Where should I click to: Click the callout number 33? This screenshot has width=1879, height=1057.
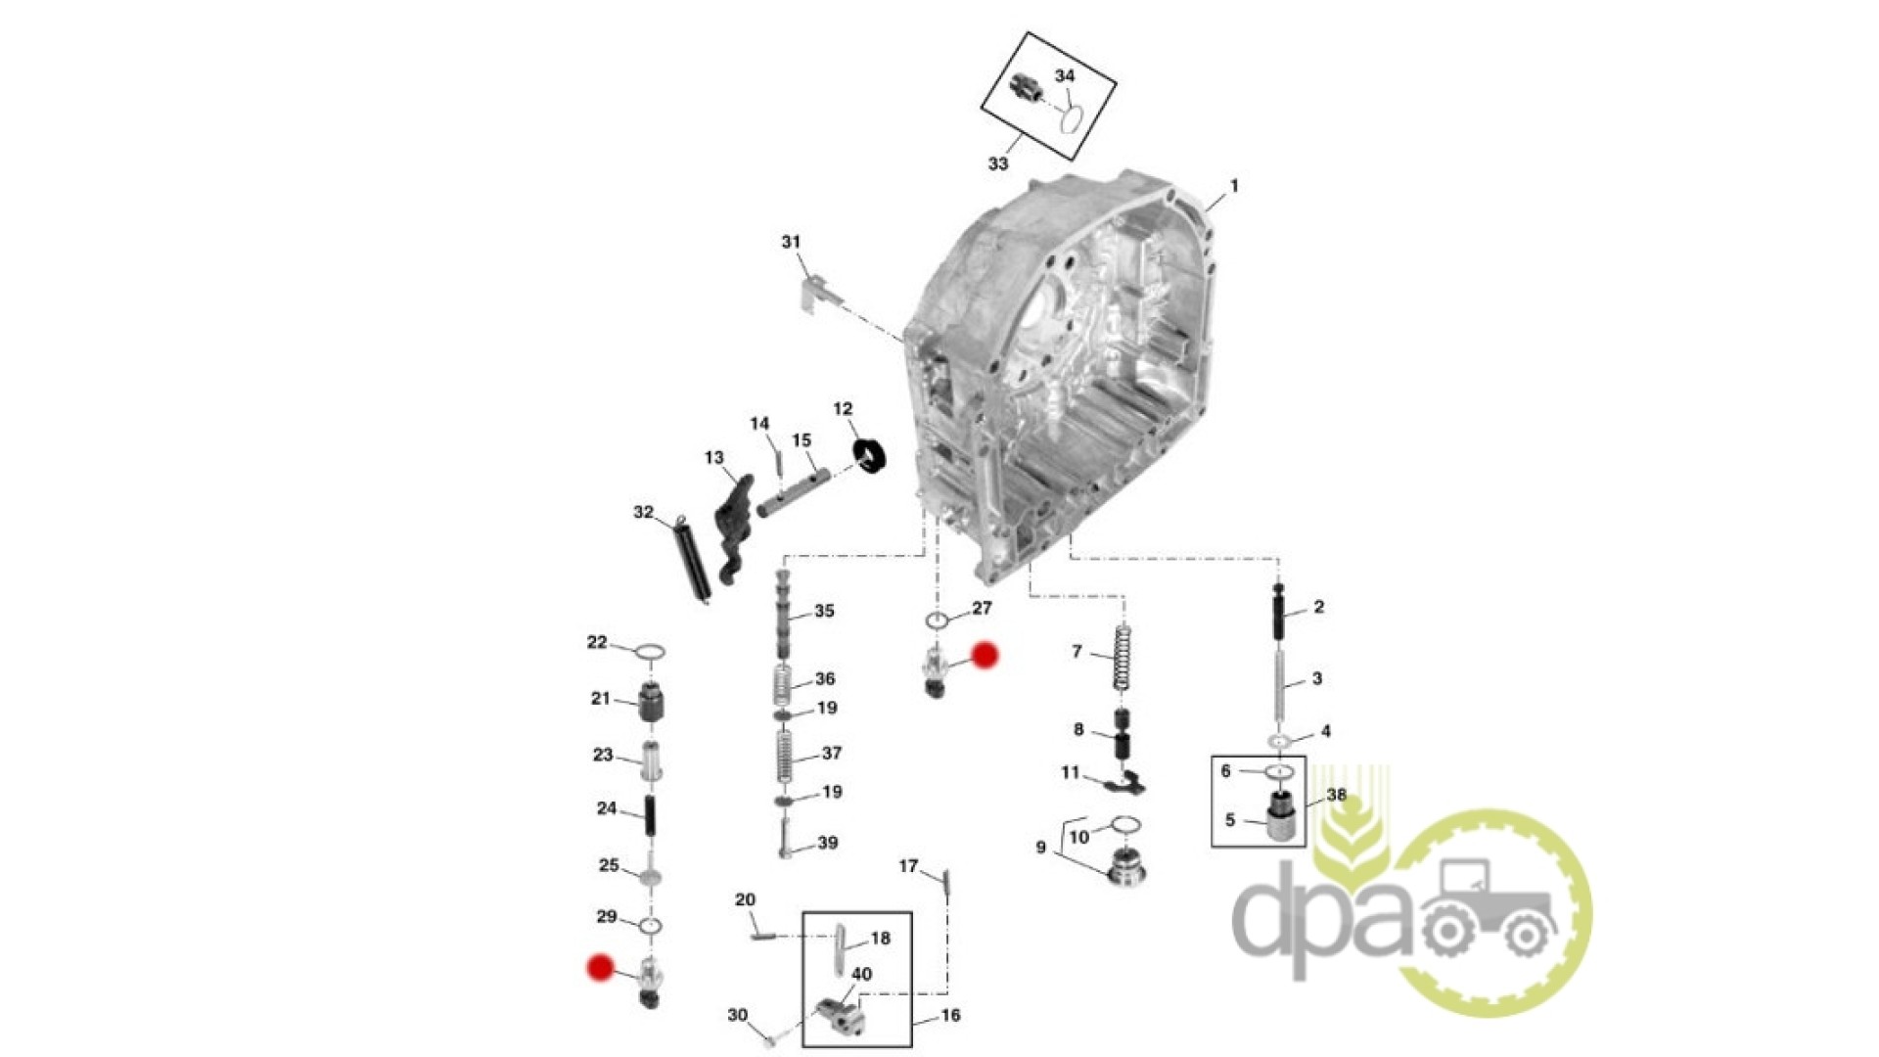[997, 163]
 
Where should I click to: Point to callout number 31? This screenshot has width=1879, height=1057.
[791, 242]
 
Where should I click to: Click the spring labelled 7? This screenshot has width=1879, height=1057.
[1123, 658]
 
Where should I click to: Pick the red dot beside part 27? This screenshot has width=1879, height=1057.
[984, 656]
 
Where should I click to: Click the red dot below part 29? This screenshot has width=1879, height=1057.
[600, 968]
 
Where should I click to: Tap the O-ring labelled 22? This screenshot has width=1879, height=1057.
[651, 652]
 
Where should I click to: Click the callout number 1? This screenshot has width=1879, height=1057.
[1234, 186]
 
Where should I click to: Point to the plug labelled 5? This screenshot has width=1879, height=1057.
[1281, 816]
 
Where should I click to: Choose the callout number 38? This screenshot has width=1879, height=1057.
[1337, 795]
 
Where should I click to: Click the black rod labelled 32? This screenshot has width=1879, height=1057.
[692, 561]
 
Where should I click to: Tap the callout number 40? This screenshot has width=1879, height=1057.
[861, 975]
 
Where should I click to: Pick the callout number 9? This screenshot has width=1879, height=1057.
[1040, 848]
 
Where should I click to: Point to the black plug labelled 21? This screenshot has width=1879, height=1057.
[651, 703]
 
